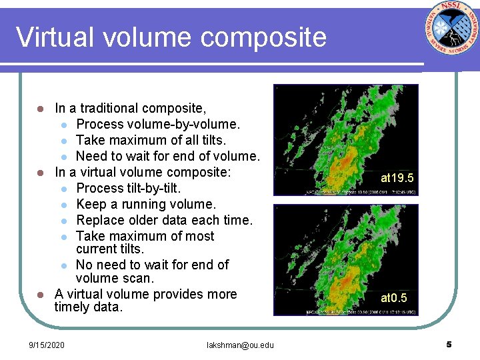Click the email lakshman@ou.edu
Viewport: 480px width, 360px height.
240,345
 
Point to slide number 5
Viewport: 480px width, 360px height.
449,344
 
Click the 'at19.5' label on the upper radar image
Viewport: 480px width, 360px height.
397,178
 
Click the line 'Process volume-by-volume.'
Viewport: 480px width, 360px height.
158,124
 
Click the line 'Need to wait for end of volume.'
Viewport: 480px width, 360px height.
167,156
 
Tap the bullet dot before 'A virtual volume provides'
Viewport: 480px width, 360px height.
40,295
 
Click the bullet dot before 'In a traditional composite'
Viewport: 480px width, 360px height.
40,109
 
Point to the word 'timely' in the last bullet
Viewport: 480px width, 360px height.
73,307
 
